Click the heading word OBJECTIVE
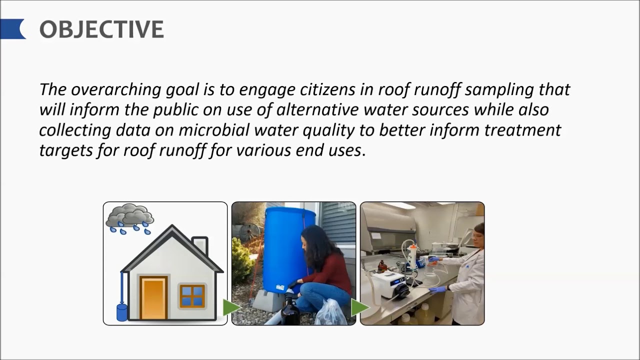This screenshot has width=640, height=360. tap(101, 30)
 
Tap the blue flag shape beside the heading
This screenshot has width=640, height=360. tap(12, 29)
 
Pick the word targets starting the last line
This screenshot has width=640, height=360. tap(62, 150)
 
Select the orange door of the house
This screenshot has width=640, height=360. tap(153, 298)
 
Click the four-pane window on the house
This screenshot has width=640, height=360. tap(192, 295)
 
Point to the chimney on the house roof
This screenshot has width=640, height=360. tap(200, 245)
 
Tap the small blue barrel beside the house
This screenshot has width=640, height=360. tap(121, 312)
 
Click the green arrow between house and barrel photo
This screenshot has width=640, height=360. tap(230, 307)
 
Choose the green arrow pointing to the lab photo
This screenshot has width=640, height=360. tap(359, 307)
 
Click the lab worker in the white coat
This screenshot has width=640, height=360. tap(467, 275)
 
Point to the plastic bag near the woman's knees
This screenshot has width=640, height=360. tap(330, 313)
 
